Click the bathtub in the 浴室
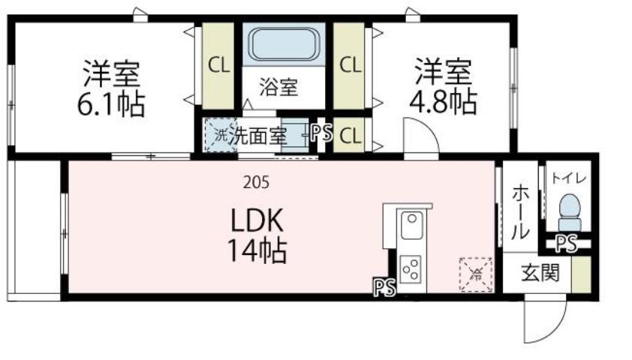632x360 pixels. pyautogui.click(x=284, y=44)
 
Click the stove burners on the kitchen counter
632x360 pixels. pyautogui.click(x=411, y=268)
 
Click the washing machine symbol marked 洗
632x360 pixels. pyautogui.click(x=221, y=136)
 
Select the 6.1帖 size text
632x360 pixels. pyautogui.click(x=112, y=104)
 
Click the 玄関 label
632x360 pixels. pyautogui.click(x=540, y=274)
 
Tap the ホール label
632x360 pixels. pyautogui.click(x=519, y=211)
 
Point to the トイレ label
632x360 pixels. pyautogui.click(x=570, y=178)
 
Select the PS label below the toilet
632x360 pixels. pyautogui.click(x=566, y=242)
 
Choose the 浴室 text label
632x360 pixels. pyautogui.click(x=278, y=88)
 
